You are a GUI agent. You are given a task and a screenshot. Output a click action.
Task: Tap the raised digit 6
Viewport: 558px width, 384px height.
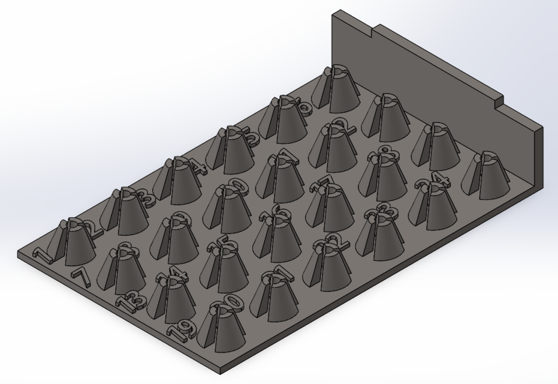[304, 108]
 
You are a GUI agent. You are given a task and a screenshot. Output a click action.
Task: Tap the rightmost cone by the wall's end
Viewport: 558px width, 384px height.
[484, 174]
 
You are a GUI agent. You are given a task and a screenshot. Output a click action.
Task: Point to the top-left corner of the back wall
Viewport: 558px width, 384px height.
[334, 12]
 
